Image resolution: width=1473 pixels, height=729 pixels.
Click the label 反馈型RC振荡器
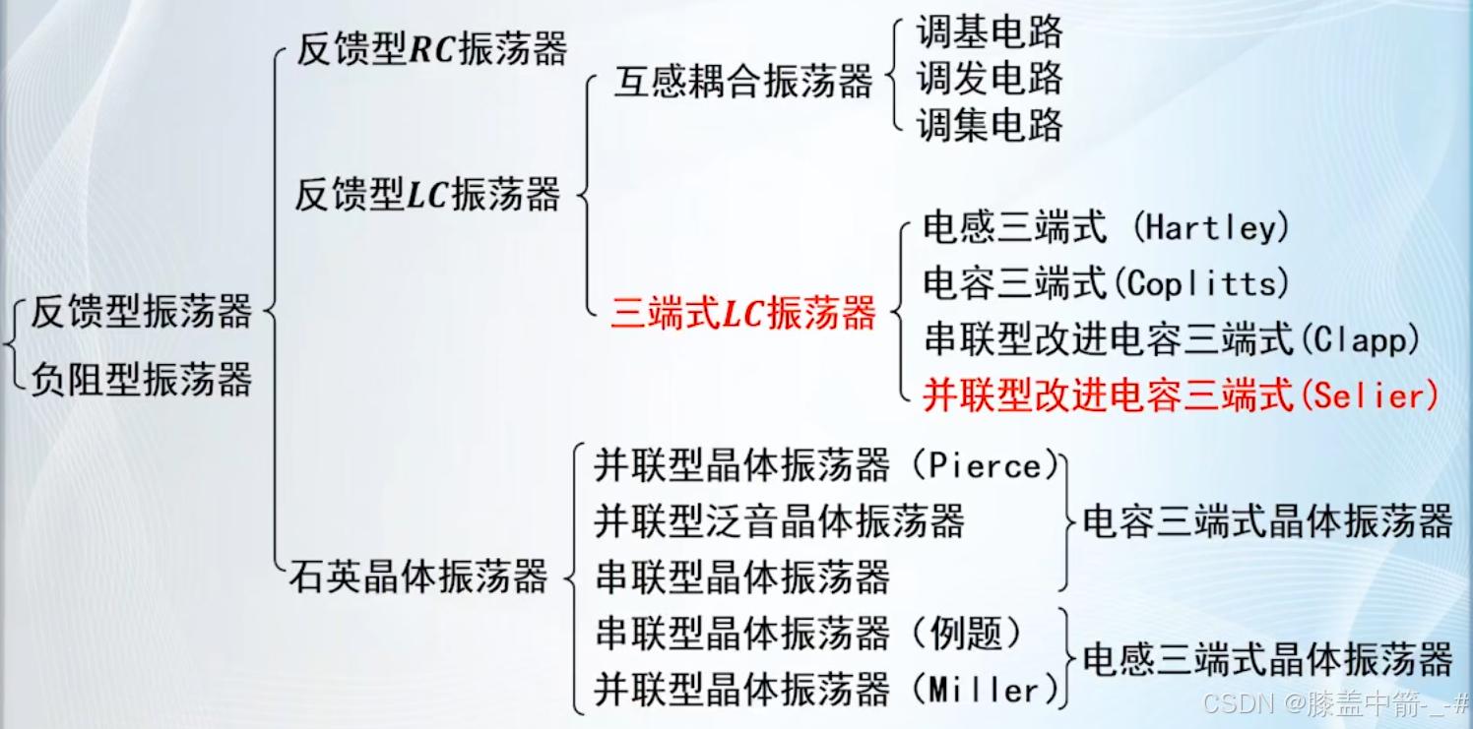[431, 49]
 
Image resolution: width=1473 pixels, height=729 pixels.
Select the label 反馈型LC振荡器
[427, 195]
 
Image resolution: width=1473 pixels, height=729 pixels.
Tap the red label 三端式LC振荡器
[742, 314]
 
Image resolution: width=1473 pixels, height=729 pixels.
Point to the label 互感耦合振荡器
[743, 82]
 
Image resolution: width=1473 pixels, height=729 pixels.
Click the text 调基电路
[990, 32]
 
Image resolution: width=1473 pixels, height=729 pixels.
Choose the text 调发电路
[990, 78]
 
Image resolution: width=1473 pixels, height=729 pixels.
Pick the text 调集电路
[990, 124]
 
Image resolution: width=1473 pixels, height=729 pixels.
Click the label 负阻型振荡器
[141, 379]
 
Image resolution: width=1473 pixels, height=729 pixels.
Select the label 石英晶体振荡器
[417, 576]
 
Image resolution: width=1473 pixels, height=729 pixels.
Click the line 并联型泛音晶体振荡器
[779, 520]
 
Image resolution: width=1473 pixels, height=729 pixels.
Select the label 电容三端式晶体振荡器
[1267, 521]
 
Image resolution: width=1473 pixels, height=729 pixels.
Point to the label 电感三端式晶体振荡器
[1267, 659]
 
